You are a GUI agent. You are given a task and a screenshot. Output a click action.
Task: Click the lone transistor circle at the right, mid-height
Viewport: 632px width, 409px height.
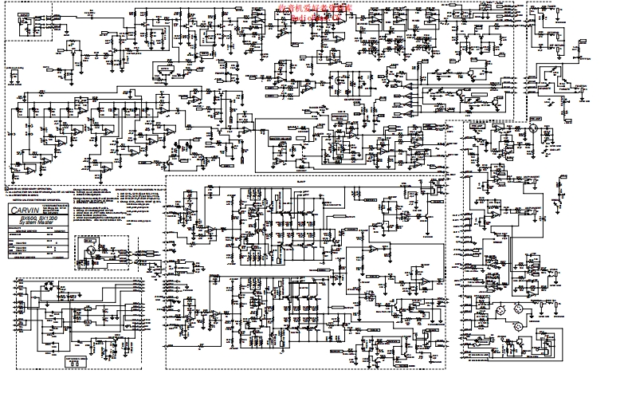(x=532, y=126)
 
